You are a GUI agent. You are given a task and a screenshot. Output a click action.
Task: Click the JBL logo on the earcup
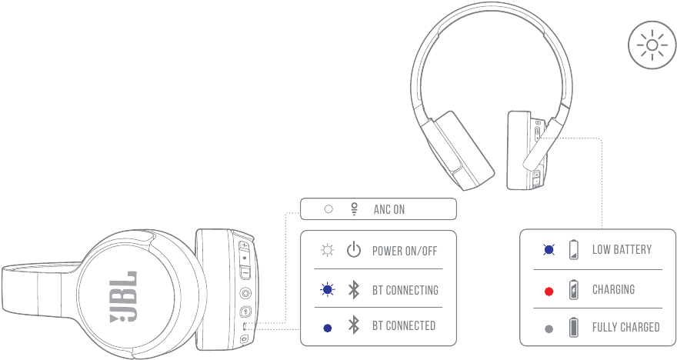click(x=124, y=295)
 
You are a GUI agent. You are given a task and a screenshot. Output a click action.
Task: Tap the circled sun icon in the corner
click(x=652, y=45)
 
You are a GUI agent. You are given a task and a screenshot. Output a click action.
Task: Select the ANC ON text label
click(x=389, y=209)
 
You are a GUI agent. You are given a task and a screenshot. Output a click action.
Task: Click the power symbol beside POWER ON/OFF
click(x=353, y=251)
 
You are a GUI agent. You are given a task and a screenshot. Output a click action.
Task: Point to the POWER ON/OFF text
click(x=405, y=251)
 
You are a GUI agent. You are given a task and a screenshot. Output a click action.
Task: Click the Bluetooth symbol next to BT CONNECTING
click(x=353, y=290)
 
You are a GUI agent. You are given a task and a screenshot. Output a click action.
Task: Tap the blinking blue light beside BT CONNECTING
click(x=328, y=290)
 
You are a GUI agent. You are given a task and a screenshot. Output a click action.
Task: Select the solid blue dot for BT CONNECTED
click(x=328, y=327)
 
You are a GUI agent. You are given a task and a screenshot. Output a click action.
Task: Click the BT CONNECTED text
click(x=404, y=326)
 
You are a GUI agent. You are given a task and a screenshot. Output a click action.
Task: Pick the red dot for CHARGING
click(x=549, y=291)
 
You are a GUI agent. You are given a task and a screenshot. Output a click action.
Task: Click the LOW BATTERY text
click(x=622, y=250)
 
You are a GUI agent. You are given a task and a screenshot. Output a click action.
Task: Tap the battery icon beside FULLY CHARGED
click(x=573, y=328)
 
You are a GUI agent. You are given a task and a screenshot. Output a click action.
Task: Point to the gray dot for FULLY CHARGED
click(x=549, y=328)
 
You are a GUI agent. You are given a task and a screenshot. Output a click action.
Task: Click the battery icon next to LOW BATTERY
click(x=573, y=250)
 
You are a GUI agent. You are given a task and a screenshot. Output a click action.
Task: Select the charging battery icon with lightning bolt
click(x=573, y=290)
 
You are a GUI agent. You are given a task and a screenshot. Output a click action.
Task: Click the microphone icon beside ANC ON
click(x=355, y=208)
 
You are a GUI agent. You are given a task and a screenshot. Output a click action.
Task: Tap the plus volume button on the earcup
click(x=244, y=246)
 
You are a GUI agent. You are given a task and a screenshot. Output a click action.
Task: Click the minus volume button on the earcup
click(x=244, y=272)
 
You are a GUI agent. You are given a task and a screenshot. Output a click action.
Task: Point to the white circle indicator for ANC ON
click(x=328, y=209)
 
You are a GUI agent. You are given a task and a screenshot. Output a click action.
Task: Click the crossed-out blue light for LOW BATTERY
click(x=549, y=250)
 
